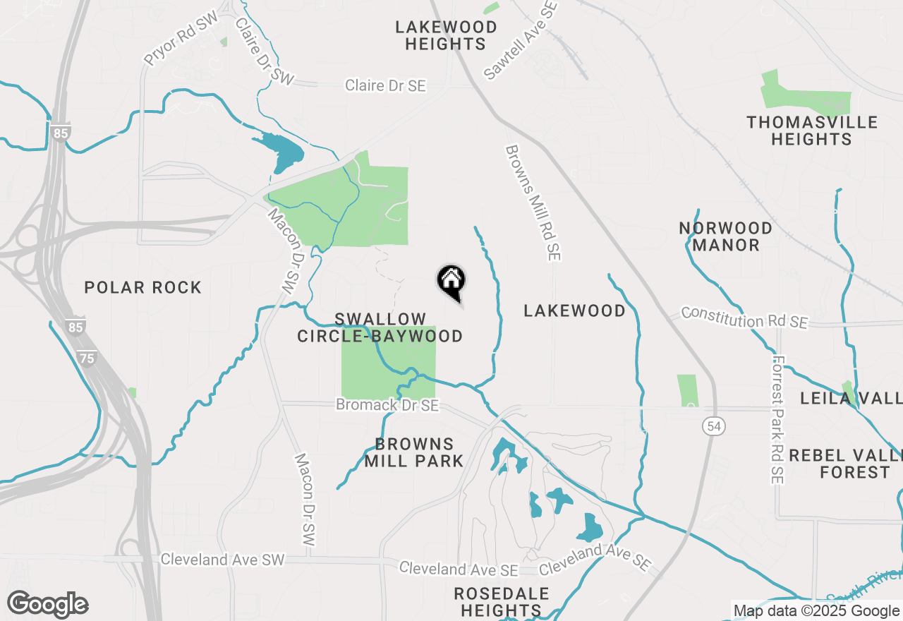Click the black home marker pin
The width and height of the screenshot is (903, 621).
click(451, 282)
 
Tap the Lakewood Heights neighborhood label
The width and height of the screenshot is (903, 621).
click(446, 35)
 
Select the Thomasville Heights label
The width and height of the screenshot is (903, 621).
click(812, 131)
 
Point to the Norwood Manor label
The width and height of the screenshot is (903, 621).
click(725, 236)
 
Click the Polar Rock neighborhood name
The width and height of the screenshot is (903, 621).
click(143, 287)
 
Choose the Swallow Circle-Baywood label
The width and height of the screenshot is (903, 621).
click(380, 328)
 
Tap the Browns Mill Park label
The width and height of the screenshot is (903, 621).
click(414, 452)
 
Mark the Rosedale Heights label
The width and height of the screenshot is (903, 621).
click(501, 601)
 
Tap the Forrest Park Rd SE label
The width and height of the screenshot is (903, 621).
click(778, 419)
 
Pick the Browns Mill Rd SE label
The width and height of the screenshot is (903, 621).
click(533, 203)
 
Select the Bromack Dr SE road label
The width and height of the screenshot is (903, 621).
click(387, 405)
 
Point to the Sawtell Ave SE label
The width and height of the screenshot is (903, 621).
click(522, 39)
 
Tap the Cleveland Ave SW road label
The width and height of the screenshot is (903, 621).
click(222, 560)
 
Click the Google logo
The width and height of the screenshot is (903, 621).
click(47, 605)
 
